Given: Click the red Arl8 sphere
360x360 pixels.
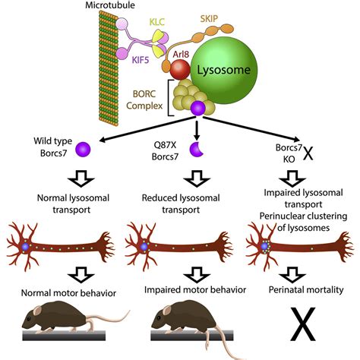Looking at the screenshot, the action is [180, 70].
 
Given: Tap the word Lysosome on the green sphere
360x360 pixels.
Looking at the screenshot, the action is [224, 70].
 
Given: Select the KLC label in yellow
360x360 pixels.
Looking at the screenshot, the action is [157, 22].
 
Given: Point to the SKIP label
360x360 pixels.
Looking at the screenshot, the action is [209, 18].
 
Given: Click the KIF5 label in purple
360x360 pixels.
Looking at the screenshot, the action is [141, 60].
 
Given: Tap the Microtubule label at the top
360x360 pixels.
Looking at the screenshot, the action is [110, 5].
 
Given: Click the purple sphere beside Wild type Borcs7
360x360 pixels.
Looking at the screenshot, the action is [83, 150].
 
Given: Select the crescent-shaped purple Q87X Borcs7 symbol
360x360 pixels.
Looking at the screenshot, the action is [197, 149].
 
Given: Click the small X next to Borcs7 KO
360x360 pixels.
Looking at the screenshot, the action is [308, 153].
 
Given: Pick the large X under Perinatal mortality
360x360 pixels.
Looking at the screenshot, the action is [303, 324].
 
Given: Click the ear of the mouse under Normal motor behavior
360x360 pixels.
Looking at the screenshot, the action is [38, 311].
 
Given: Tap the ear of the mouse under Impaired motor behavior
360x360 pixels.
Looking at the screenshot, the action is [167, 311].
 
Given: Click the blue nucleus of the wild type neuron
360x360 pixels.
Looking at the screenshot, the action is [25, 247].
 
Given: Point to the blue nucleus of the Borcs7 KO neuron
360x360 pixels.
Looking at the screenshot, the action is [264, 246].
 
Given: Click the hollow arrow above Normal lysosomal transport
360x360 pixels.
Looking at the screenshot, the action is [81, 178].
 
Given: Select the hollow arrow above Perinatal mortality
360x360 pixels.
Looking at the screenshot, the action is [292, 275].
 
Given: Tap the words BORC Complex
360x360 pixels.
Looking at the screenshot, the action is [144, 99].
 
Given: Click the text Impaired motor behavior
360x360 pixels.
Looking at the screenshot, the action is [195, 289].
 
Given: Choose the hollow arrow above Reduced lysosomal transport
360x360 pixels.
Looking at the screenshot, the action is [197, 178].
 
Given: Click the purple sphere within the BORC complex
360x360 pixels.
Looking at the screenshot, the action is [198, 108].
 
